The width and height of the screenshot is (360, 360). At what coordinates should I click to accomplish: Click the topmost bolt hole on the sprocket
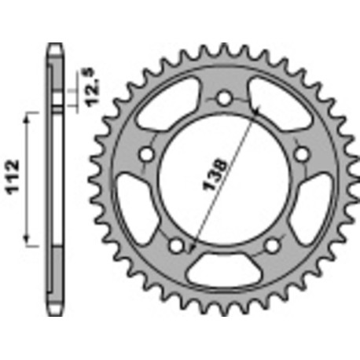(x=224, y=100)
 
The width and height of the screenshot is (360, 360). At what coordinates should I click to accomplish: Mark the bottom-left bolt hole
(x=176, y=245)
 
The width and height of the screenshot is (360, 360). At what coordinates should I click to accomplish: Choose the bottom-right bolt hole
(x=271, y=245)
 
